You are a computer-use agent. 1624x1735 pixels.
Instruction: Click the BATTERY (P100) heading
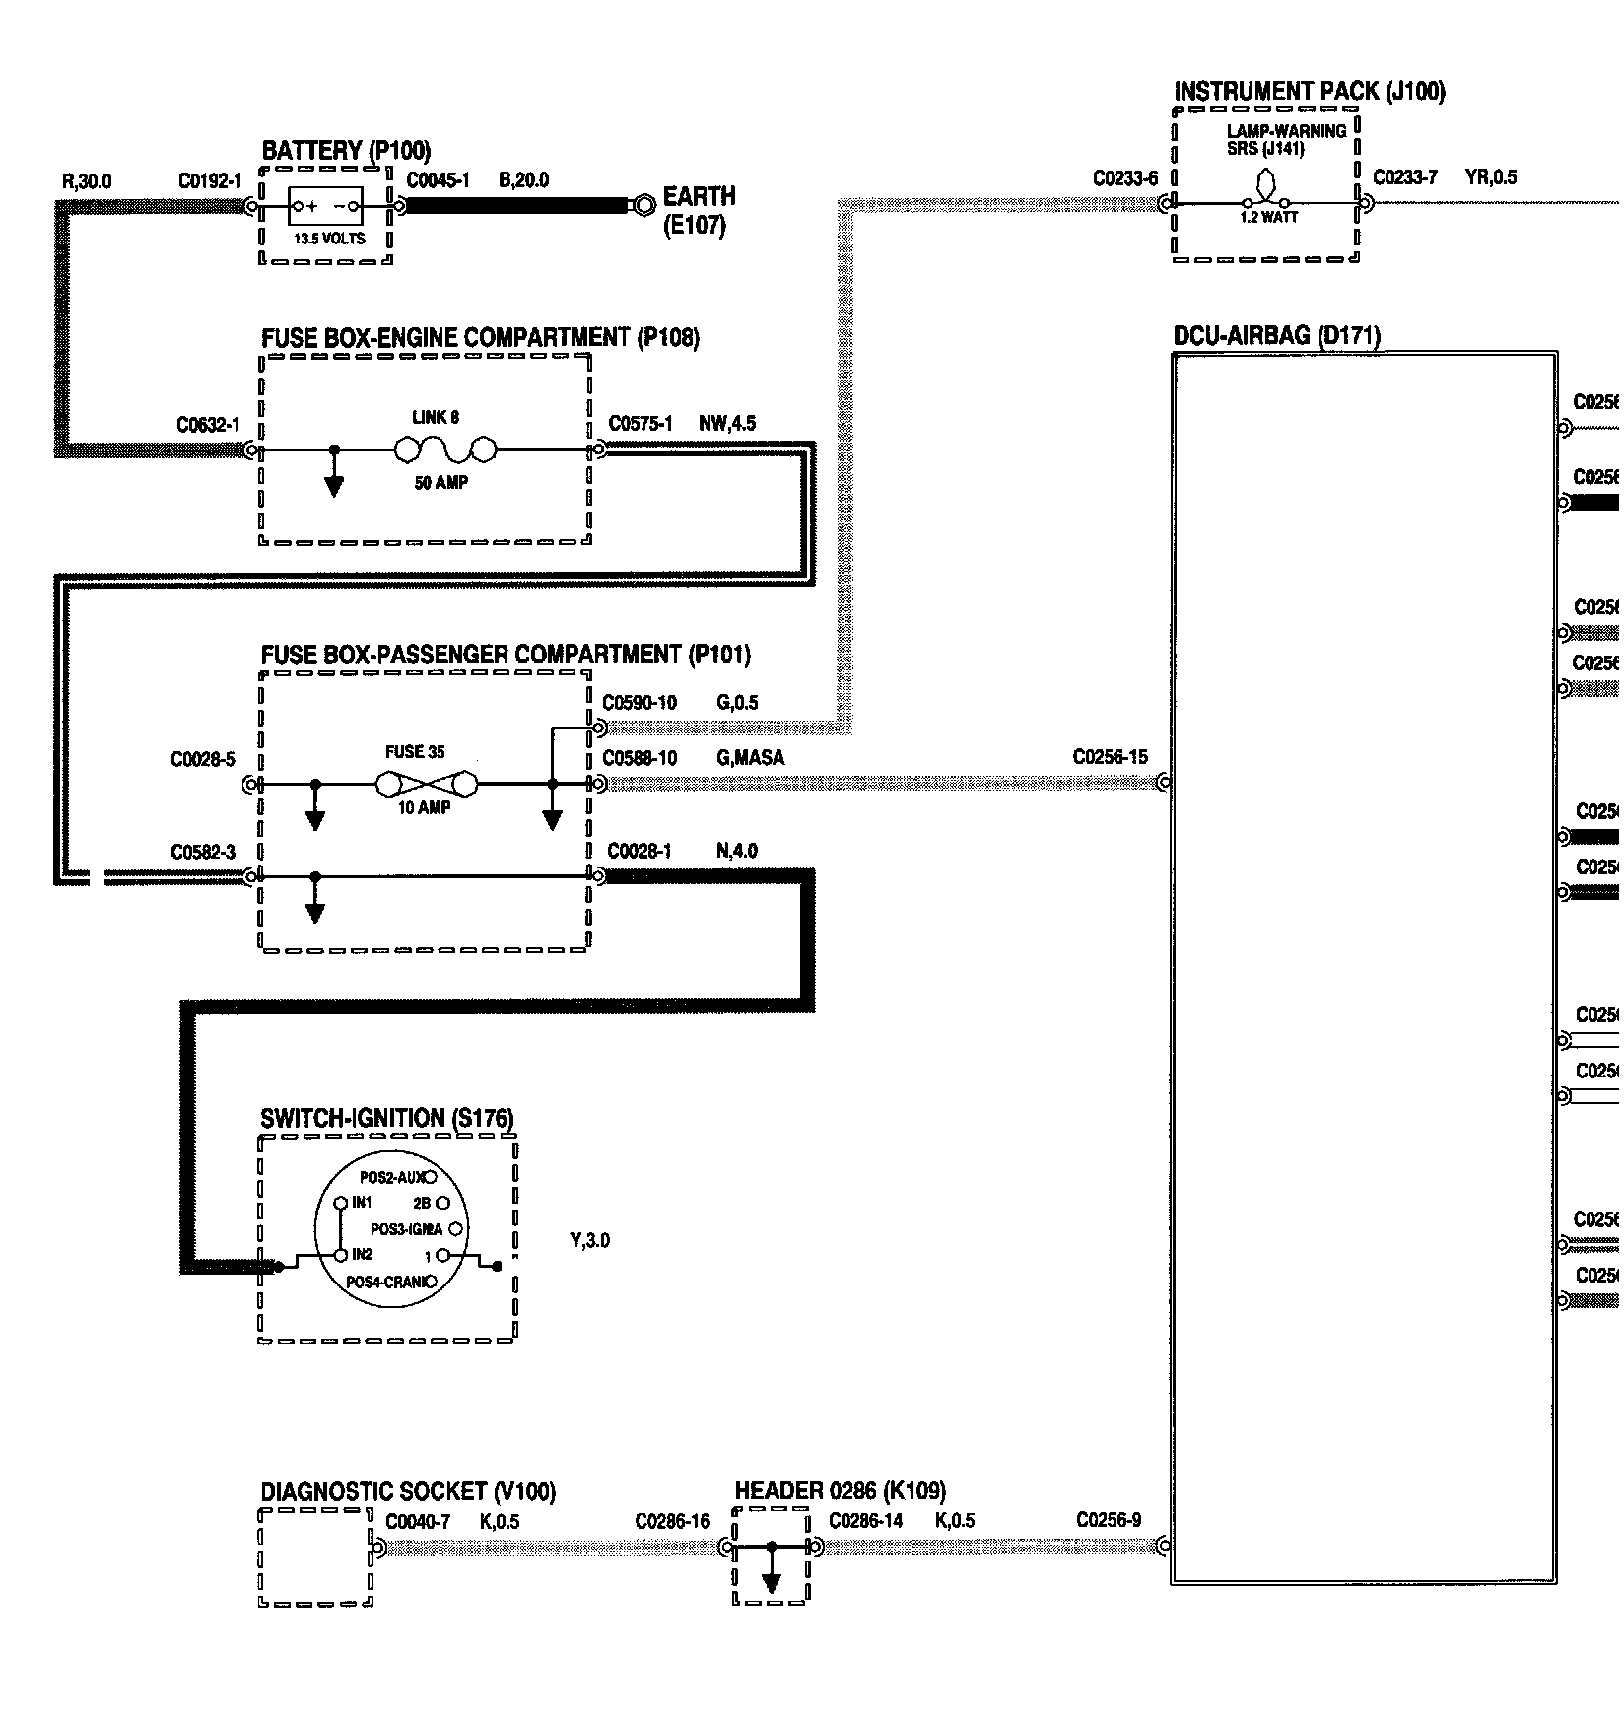pos(346,151)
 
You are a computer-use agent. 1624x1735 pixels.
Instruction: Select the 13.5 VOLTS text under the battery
pos(329,239)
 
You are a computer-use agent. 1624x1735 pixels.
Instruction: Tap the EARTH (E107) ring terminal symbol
pos(643,206)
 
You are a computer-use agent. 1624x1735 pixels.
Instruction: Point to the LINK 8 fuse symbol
pos(444,451)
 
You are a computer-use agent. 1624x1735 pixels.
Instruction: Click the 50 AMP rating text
pos(440,483)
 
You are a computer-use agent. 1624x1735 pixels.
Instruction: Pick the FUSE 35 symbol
pos(426,785)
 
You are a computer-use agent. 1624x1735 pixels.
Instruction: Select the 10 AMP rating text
pos(424,808)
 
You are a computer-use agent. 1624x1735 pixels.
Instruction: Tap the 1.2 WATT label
pos(1268,218)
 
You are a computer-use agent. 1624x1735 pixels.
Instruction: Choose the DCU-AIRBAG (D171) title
pos(1276,336)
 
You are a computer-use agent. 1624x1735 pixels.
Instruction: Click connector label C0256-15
pos(1110,758)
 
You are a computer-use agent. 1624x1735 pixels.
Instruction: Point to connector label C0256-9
pos(1109,1520)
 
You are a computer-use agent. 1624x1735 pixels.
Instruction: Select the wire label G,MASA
pos(750,758)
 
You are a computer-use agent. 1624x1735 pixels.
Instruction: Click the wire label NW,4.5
pos(727,424)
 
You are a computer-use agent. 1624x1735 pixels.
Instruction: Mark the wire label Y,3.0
pos(589,1241)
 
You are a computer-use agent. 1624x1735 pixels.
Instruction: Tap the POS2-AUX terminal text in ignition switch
pos(393,1177)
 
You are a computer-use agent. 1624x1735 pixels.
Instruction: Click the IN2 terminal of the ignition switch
pos(341,1255)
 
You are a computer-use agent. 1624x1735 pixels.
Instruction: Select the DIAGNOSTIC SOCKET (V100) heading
pos(408,1492)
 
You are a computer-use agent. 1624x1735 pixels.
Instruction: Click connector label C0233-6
pos(1125,178)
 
